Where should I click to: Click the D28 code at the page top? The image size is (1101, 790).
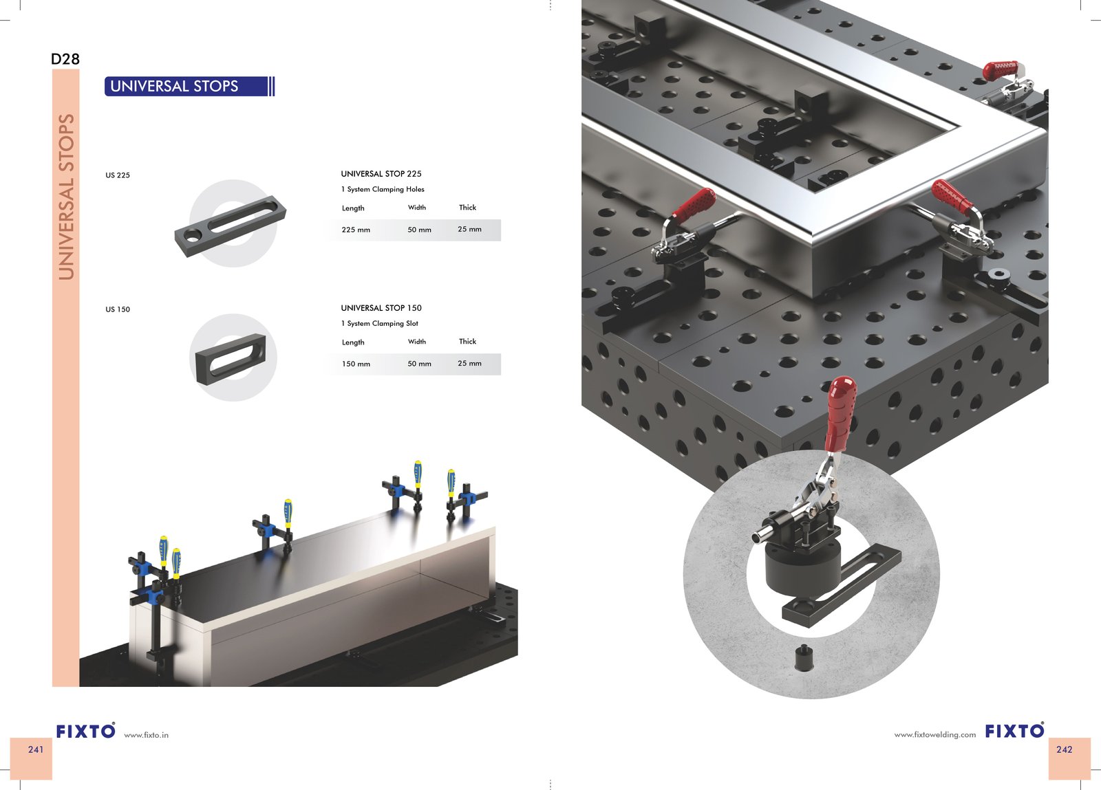65,59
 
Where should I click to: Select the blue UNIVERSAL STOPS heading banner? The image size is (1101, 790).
189,87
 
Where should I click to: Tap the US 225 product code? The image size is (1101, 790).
118,175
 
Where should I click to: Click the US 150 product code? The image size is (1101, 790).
118,309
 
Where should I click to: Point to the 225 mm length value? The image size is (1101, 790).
356,230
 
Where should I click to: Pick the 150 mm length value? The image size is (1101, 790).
356,364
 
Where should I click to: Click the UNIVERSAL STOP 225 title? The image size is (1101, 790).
381,174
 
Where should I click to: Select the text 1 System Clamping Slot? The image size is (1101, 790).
379,324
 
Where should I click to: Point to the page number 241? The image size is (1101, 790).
36,749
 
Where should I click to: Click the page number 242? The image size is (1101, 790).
1064,749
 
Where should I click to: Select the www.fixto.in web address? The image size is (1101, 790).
146,735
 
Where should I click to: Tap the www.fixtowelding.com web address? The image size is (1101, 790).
935,734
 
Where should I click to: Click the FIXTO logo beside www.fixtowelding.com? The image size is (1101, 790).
1014,731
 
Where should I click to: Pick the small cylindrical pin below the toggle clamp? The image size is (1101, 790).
803,657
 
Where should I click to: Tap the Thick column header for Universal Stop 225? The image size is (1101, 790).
467,208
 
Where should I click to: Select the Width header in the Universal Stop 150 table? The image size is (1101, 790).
417,342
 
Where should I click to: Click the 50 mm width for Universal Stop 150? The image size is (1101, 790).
419,364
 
